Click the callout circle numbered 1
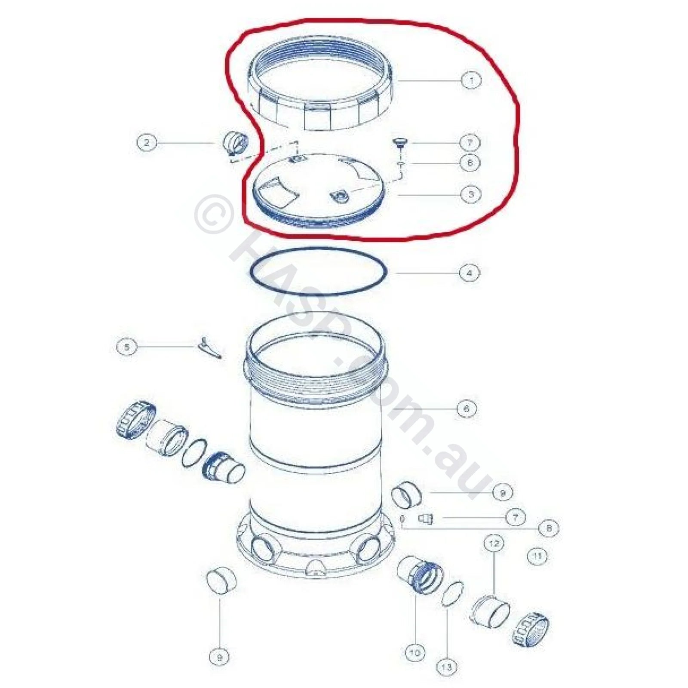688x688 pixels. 471,80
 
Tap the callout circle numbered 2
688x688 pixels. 147,142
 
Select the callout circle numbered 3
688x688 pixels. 471,194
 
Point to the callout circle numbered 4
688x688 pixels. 469,273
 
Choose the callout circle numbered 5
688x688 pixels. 127,346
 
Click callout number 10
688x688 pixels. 415,653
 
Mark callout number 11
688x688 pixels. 537,556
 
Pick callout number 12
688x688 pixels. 494,544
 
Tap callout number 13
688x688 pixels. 447,667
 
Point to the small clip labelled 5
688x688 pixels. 209,347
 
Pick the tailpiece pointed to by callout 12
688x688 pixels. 489,611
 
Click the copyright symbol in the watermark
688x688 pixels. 214,214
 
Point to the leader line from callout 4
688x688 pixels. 426,273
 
